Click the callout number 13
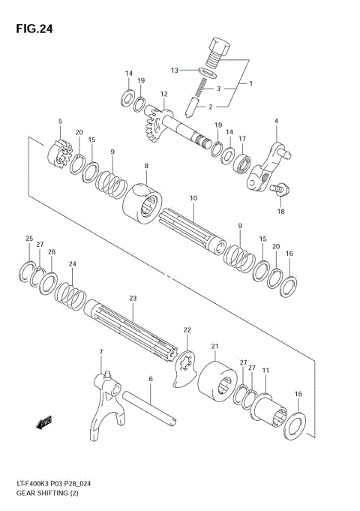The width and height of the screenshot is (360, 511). (x=174, y=70)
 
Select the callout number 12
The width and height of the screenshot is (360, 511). (x=163, y=94)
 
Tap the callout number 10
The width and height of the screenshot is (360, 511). (x=193, y=198)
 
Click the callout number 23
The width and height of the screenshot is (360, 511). (x=133, y=298)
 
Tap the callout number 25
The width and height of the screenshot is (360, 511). (x=29, y=239)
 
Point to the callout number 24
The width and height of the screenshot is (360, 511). (x=73, y=263)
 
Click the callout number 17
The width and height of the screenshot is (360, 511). (x=242, y=139)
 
